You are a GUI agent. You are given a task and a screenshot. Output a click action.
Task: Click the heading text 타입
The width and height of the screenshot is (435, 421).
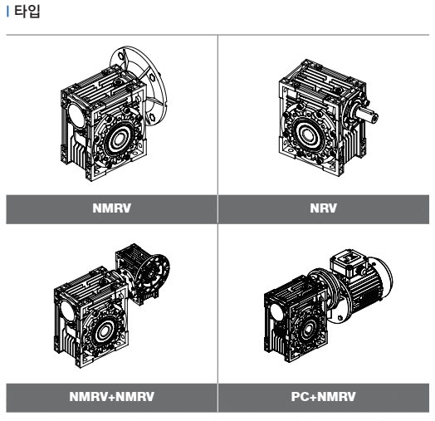point(27,12)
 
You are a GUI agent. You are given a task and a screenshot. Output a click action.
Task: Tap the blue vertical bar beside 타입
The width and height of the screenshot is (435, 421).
point(7,12)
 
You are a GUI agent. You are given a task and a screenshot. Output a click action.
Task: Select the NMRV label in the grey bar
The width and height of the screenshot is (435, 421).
point(112,208)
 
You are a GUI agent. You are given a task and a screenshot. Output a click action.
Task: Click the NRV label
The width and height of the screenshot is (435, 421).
point(324,208)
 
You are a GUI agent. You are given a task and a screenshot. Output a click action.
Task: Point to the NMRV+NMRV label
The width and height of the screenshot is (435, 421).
point(112,397)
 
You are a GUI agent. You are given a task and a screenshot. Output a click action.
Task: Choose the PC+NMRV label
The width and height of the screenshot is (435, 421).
point(324,397)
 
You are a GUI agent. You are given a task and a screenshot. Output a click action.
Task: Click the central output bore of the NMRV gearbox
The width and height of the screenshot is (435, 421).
point(120,139)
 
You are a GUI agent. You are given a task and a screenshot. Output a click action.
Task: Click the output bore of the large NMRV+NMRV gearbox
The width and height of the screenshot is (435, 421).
point(105,330)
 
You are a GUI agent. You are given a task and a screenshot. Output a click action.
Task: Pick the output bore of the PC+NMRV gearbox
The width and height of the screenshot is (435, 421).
point(308,330)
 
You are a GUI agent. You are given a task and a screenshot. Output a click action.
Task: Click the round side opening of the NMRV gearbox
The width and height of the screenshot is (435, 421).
point(76,114)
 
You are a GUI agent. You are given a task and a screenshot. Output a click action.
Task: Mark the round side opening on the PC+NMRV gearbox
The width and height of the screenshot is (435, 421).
point(276,312)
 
